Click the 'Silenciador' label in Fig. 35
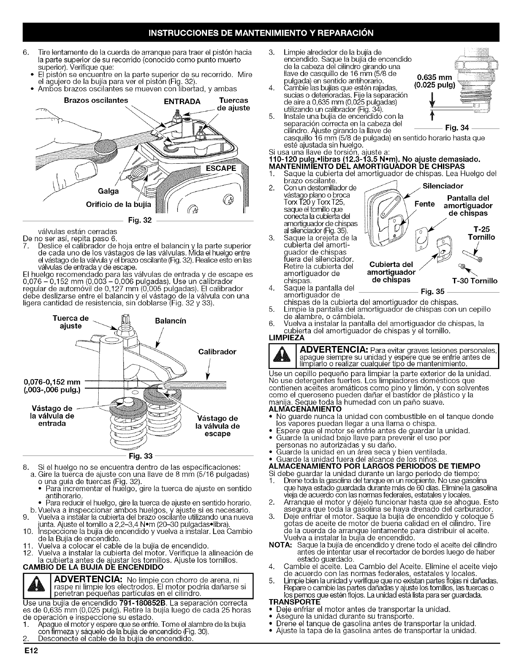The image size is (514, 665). click(x=443, y=186)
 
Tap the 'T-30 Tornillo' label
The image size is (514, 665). click(x=474, y=280)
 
